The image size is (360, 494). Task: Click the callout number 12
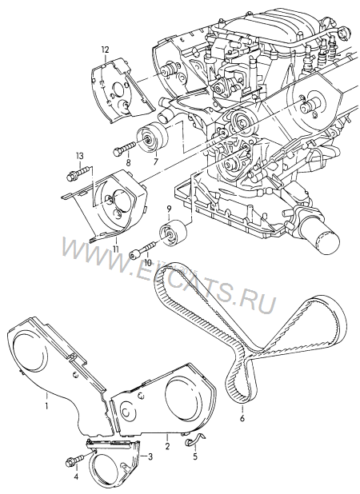pyautogui.click(x=105, y=50)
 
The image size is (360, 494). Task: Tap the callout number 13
pyautogui.click(x=79, y=156)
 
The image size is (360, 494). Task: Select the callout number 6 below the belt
pyautogui.click(x=242, y=418)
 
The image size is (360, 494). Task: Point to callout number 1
pyautogui.click(x=46, y=406)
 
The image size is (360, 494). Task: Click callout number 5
pyautogui.click(x=195, y=456)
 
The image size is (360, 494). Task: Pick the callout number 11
pyautogui.click(x=116, y=249)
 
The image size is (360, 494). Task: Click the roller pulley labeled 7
pyautogui.click(x=152, y=138)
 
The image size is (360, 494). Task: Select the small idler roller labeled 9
pyautogui.click(x=174, y=233)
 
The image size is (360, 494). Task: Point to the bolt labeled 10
pyautogui.click(x=143, y=250)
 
